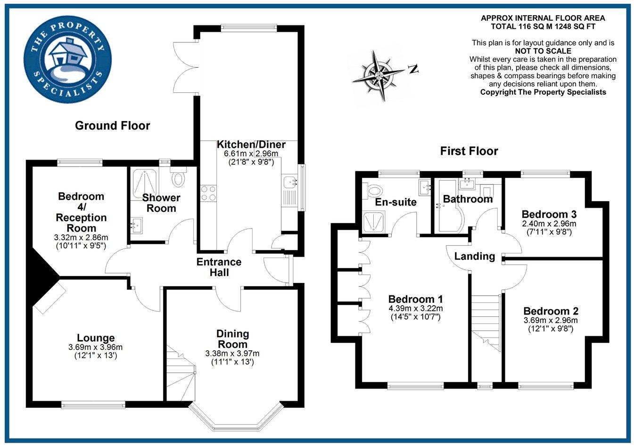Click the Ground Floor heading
tap(112, 126)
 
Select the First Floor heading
tap(469, 151)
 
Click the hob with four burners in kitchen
tap(208, 193)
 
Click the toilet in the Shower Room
tap(178, 178)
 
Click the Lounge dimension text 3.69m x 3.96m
tap(95, 348)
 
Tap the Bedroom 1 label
tap(415, 299)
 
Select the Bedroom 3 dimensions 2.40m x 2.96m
tap(549, 224)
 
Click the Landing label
tap(474, 256)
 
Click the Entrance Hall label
tap(219, 267)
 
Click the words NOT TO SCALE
tap(543, 51)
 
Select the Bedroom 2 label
tap(551, 311)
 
